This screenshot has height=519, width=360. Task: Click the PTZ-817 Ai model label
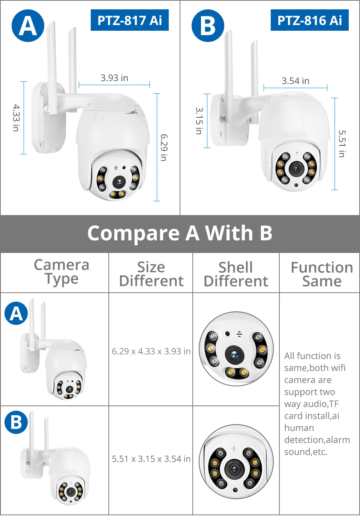129,20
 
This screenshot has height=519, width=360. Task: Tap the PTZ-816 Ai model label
309,20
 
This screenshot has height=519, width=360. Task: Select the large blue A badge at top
28,26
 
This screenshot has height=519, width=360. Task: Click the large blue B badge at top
208,26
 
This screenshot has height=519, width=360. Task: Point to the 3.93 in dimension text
114,78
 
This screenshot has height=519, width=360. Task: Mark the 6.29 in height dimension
164,147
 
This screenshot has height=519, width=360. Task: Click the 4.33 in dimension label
16,118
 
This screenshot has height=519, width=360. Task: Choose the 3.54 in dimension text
295,81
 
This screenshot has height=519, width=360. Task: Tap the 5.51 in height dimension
342,144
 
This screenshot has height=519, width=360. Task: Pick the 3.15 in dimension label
199,121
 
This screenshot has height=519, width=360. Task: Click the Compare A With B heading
180,233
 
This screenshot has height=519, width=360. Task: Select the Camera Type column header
61,272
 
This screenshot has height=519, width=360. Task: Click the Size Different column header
151,274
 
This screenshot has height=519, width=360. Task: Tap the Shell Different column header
236,274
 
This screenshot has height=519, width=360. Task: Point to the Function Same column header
322,274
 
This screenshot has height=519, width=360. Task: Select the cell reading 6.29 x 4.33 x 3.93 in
151,351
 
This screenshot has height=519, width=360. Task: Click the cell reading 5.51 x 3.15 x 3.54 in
151,459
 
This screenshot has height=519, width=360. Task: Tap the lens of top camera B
296,169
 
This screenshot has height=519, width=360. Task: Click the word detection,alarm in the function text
317,440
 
